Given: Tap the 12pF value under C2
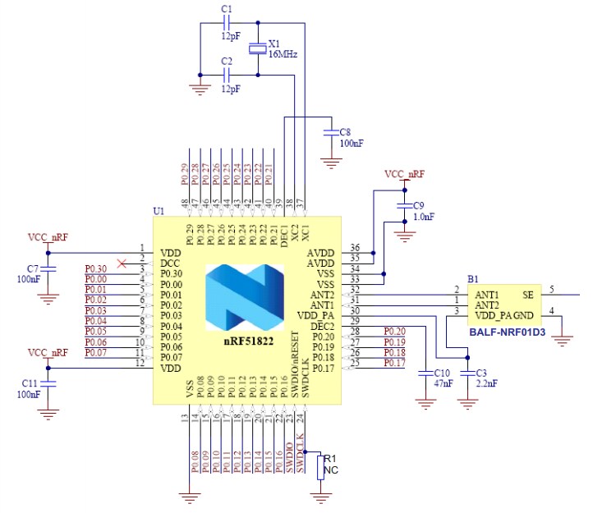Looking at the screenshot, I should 230,88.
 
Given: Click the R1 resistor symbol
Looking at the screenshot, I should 322,468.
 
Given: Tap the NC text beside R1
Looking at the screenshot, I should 333,470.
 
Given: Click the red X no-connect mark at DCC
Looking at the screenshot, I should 123,263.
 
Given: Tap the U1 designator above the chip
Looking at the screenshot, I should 159,211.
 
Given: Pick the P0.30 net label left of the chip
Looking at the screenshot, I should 96,269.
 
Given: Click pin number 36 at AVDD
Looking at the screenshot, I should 355,247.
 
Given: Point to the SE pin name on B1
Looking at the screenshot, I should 527,293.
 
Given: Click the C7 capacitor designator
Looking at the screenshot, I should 33,268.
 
